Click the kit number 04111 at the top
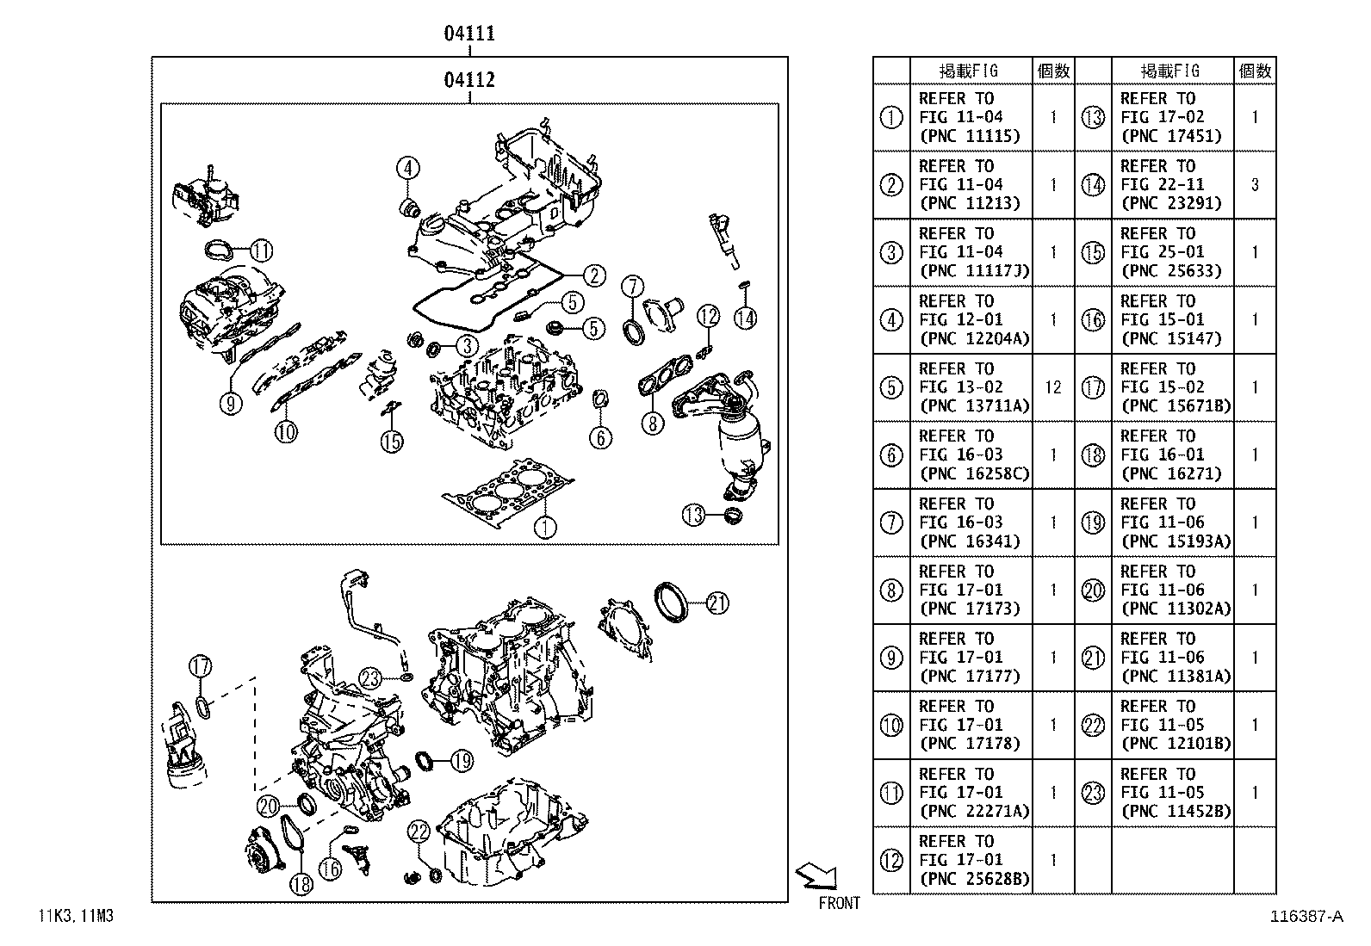[469, 34]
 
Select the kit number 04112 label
[469, 80]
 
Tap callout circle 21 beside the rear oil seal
[717, 603]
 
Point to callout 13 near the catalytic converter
[693, 515]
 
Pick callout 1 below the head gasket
[544, 526]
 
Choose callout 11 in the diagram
[261, 250]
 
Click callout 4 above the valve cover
[408, 168]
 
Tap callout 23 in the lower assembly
[370, 678]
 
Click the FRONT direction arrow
[816, 875]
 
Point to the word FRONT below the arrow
[839, 903]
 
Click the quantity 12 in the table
[1052, 387]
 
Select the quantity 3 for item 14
[1254, 184]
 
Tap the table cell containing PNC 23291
[1172, 184]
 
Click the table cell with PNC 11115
[971, 117]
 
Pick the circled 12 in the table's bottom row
[891, 860]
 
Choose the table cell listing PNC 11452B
[1172, 792]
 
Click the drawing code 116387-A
[1306, 917]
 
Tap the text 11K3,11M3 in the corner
[75, 916]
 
